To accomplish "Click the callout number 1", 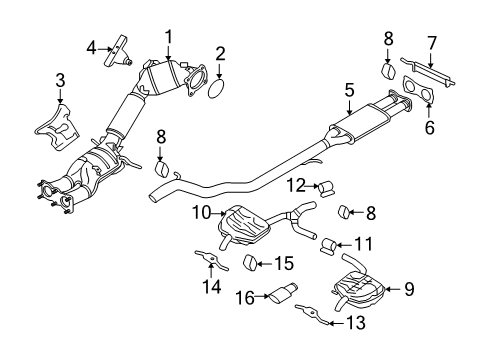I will coord(169,36).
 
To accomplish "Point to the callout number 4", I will coord(89,47).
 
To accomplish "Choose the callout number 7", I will coord(431,43).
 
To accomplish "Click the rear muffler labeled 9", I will coord(359,291).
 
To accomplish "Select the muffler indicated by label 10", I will coord(243,219).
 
